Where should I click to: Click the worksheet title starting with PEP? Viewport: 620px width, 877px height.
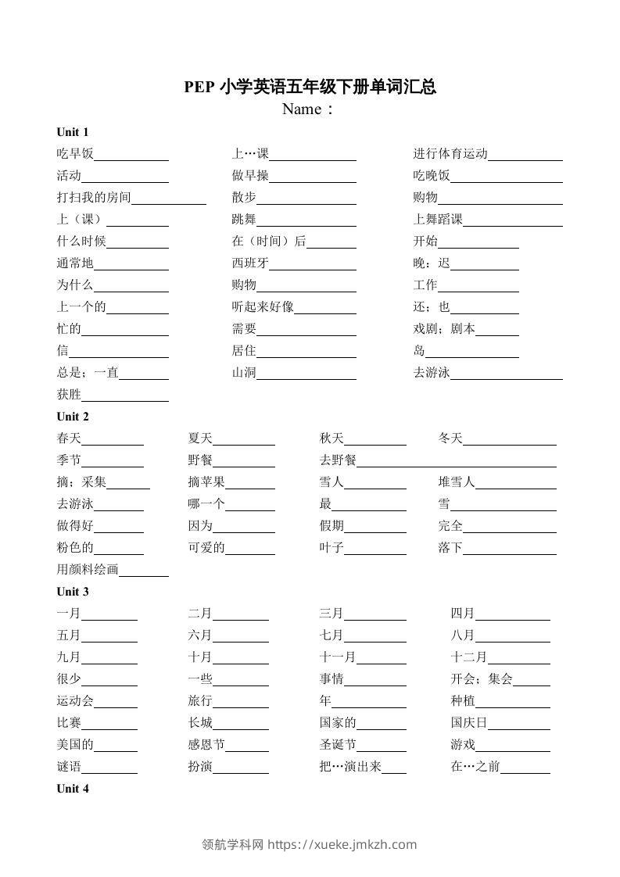310,87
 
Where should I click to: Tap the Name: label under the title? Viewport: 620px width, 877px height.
308,109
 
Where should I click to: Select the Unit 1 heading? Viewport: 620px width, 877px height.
73,131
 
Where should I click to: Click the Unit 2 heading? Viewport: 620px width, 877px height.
73,417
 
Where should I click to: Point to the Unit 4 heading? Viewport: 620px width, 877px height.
73,789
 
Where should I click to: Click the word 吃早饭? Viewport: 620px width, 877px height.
75,154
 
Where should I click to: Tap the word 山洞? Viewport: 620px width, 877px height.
244,373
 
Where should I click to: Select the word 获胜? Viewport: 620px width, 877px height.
69,395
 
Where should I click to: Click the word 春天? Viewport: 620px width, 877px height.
69,438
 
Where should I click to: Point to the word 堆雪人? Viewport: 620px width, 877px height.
457,482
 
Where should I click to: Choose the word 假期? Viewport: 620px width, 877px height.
332,526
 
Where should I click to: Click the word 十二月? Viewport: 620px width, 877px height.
469,657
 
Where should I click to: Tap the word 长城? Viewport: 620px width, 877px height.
200,723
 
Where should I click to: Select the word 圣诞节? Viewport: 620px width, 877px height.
338,745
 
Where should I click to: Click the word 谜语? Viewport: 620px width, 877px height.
69,767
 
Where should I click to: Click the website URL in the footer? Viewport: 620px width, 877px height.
342,844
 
